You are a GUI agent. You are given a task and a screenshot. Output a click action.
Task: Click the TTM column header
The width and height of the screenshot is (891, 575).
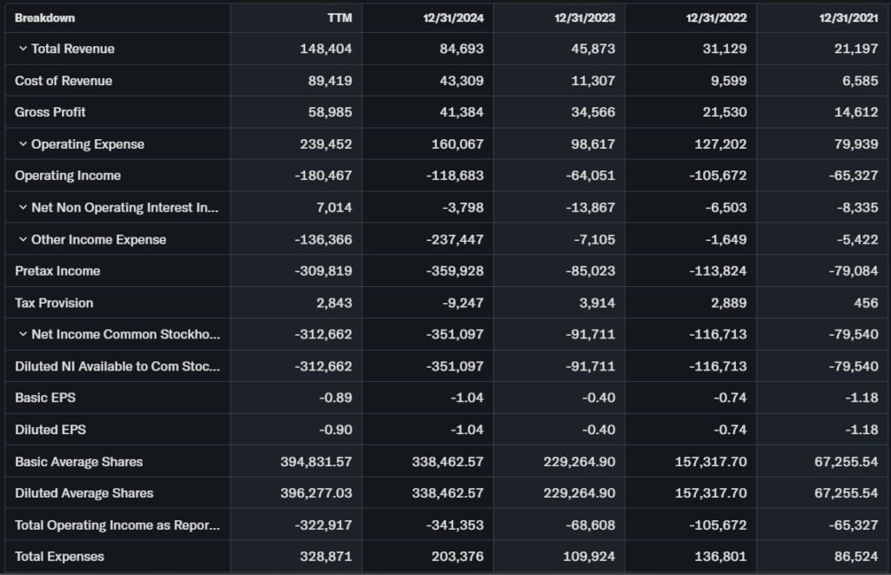pos(338,17)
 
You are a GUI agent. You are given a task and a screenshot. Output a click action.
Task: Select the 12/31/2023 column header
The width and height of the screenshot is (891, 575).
pos(586,17)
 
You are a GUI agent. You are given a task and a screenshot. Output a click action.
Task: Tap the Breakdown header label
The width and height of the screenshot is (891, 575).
pos(44,17)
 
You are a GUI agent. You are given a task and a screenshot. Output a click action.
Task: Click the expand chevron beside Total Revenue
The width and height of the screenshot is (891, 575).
pos(23,49)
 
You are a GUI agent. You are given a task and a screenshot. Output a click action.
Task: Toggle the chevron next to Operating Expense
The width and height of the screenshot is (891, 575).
pos(23,144)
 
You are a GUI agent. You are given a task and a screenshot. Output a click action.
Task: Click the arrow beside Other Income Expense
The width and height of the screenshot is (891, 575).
pos(23,239)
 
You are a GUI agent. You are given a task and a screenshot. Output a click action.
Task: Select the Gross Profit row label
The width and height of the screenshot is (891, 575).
pos(50,112)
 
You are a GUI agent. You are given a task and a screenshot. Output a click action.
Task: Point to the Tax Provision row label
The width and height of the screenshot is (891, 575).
pos(54,303)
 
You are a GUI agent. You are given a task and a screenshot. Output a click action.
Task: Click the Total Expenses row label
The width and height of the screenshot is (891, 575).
pos(59,557)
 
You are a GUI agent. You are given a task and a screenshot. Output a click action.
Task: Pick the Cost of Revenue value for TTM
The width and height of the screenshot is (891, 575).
pos(330,81)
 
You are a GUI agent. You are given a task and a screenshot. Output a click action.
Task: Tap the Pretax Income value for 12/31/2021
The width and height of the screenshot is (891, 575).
pos(854,271)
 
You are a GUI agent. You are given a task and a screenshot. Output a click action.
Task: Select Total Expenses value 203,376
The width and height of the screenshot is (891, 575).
pos(458,557)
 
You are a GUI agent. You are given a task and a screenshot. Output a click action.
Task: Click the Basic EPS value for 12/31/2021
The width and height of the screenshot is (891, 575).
pos(862,398)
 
